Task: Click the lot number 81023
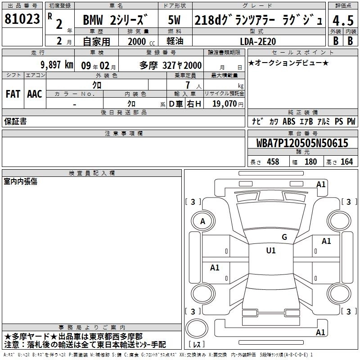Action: coord(22,19)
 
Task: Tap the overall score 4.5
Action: coord(343,20)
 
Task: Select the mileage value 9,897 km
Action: coord(57,65)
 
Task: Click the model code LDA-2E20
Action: coord(258,41)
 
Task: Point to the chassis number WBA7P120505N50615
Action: coord(302,143)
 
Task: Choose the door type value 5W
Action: coord(174,20)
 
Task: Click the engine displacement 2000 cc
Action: coord(141,41)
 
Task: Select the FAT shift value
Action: coord(13,94)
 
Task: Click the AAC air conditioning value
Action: coord(35,94)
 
